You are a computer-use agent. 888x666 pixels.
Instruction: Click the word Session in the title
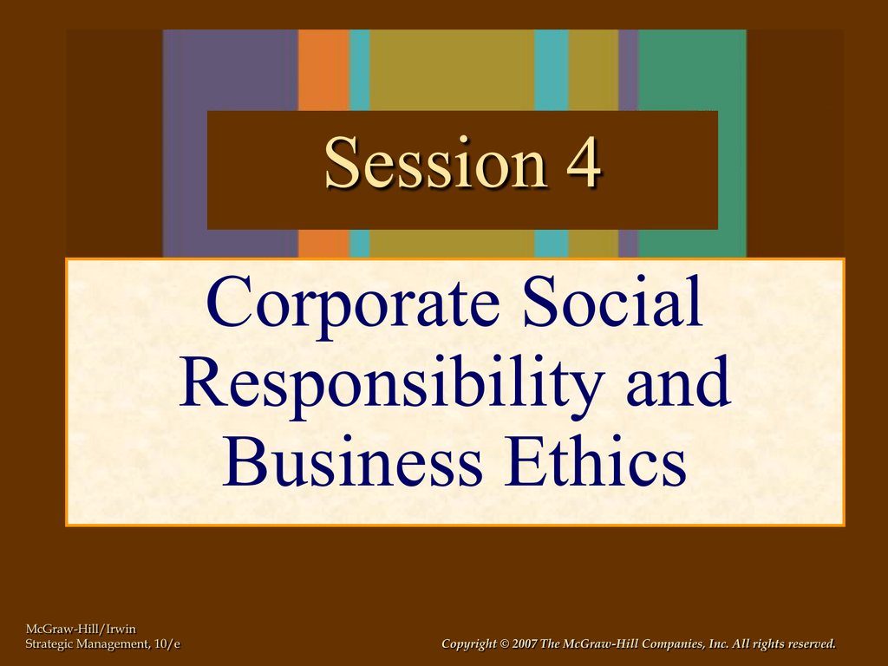pos(436,162)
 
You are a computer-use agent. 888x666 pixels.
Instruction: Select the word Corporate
pos(353,304)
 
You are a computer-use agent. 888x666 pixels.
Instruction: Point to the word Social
pos(613,301)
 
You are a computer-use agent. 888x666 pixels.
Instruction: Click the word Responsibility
pos(391,384)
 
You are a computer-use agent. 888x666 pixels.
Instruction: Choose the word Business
pos(352,461)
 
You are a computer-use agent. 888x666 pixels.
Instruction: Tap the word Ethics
pos(595,461)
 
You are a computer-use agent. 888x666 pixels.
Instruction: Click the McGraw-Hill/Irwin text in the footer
pos(81,630)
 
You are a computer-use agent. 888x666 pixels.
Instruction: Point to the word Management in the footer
pos(114,644)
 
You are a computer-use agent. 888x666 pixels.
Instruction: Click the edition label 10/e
pos(167,644)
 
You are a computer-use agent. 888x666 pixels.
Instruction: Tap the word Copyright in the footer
pos(469,644)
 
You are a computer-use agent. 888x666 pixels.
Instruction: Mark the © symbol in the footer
pos(505,644)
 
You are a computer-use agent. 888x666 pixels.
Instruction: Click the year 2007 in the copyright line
pos(525,644)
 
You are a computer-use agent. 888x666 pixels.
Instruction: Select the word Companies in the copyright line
pos(674,644)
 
